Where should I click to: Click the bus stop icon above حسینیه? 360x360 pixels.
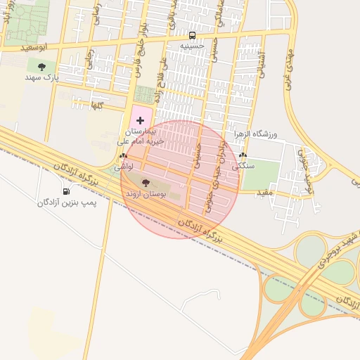click(x=192, y=34)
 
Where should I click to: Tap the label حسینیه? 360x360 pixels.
click(x=192, y=46)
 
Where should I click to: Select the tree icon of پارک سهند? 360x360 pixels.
click(x=41, y=67)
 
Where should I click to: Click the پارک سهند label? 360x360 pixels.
click(x=41, y=77)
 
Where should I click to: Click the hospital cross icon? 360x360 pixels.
click(x=139, y=121)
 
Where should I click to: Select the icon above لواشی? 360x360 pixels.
click(x=124, y=156)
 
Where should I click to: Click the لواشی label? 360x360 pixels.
click(x=124, y=167)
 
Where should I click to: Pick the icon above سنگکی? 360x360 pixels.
click(x=243, y=155)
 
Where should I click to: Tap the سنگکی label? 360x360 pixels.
click(x=244, y=167)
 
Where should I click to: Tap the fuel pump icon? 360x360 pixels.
click(x=66, y=191)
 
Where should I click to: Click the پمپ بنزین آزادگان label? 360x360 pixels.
click(x=66, y=202)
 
